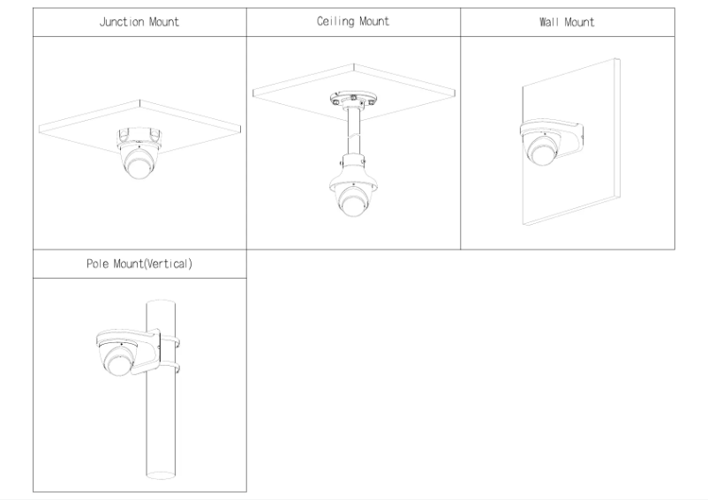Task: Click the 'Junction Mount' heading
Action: (x=139, y=22)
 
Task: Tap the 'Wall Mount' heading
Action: (x=566, y=22)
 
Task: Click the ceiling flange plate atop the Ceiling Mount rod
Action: (x=351, y=98)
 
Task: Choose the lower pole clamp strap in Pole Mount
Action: (x=170, y=363)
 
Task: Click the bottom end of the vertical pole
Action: (x=162, y=474)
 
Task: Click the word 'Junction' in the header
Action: (x=122, y=22)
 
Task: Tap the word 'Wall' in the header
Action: (x=548, y=22)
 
